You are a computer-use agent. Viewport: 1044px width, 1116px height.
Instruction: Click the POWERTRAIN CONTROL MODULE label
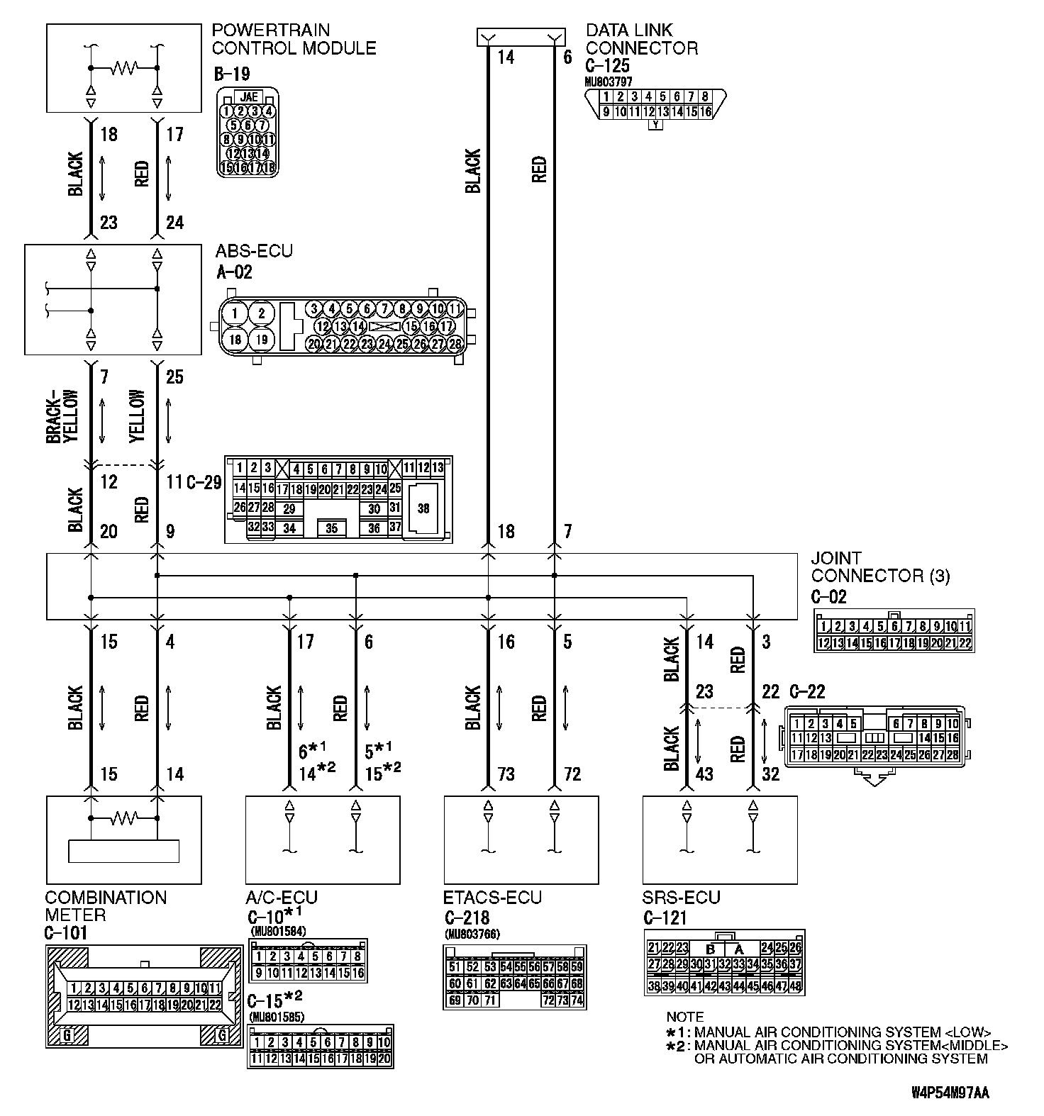(x=294, y=40)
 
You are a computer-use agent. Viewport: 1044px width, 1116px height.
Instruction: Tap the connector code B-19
(x=231, y=74)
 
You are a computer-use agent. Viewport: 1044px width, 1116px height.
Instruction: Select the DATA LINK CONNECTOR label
(x=641, y=40)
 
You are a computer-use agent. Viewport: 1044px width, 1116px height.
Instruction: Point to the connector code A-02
(x=233, y=272)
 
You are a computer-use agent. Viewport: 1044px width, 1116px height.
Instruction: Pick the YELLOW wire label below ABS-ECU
(x=138, y=417)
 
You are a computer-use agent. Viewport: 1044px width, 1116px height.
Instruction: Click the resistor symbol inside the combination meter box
(x=124, y=820)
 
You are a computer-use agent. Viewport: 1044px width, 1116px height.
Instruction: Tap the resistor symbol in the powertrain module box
(x=124, y=69)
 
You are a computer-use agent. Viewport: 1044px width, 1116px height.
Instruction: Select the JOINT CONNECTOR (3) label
(x=880, y=567)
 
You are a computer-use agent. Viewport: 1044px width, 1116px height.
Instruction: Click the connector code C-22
(x=806, y=691)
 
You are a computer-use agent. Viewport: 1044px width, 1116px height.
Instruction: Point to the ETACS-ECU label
(x=492, y=898)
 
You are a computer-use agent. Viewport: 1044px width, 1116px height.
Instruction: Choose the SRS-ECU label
(x=682, y=898)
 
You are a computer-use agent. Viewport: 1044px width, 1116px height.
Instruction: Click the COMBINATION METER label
(x=106, y=906)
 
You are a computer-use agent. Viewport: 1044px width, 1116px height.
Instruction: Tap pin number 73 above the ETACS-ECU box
(x=506, y=774)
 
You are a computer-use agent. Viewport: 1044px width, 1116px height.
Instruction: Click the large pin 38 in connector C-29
(x=423, y=508)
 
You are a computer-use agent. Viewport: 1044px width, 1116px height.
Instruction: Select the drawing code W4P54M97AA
(x=950, y=1093)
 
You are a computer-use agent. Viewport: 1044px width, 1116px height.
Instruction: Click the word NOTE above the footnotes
(x=684, y=1017)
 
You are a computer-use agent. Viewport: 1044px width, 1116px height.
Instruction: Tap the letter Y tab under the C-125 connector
(x=656, y=125)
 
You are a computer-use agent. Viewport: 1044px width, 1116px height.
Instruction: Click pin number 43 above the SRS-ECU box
(x=704, y=774)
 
